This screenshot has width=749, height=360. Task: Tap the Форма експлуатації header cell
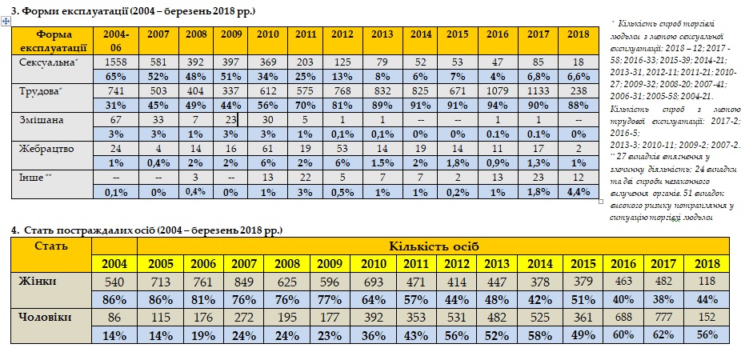pos(54,40)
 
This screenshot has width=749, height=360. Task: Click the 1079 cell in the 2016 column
pos(497,92)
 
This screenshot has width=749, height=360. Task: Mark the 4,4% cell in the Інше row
pos(577,191)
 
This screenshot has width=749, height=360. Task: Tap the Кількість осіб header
pos(435,246)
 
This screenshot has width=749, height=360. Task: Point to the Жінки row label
pos(37,282)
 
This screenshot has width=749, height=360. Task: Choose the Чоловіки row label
pos(45,318)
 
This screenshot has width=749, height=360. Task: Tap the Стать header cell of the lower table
pos(50,246)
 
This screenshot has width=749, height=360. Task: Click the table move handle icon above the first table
pos(6,20)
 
